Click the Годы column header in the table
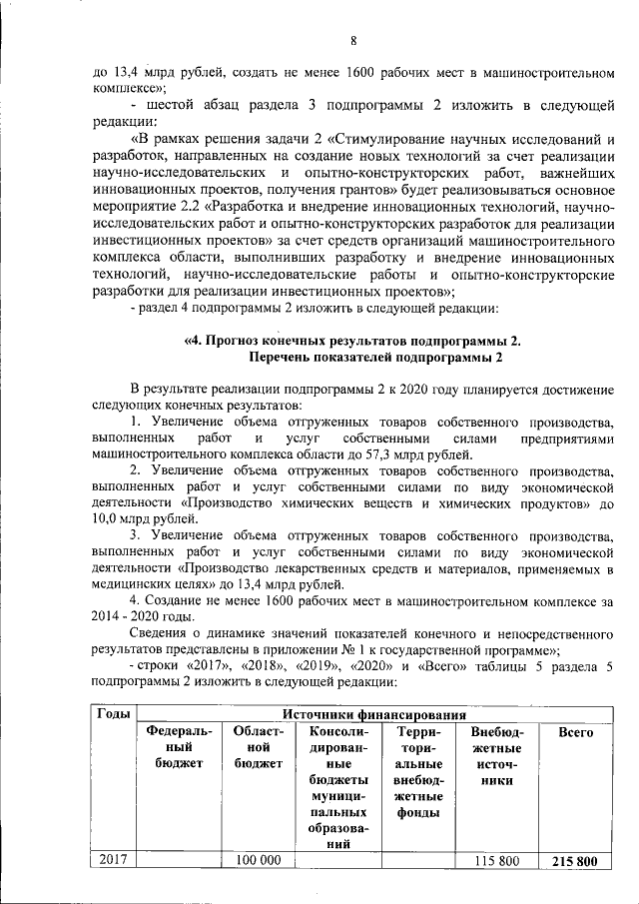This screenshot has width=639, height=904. coord(112,714)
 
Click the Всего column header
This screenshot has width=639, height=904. coord(576,733)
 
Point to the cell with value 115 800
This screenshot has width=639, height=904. coord(497,861)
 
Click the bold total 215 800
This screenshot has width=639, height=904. coord(575,861)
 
